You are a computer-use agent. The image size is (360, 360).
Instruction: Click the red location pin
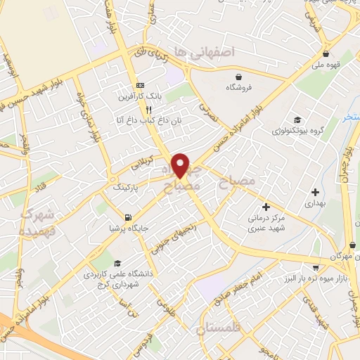[x=181, y=165]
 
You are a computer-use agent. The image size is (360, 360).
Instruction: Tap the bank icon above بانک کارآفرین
[x=140, y=83]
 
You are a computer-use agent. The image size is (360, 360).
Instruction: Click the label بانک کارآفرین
[x=140, y=95]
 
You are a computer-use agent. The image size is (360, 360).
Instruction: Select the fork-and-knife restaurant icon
[x=148, y=110]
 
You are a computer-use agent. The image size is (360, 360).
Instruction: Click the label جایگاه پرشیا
[x=127, y=227]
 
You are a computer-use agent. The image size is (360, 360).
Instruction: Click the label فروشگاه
[x=239, y=89]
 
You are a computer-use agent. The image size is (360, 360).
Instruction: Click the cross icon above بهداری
[x=315, y=191]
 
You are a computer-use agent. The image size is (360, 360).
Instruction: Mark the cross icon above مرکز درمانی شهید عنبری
[x=266, y=207]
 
